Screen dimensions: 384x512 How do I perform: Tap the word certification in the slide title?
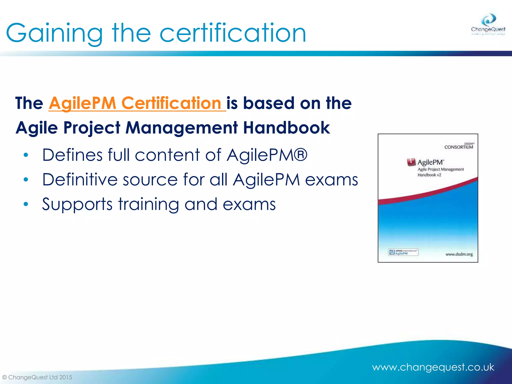coord(232,33)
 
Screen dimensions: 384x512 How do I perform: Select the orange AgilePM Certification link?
coord(137,103)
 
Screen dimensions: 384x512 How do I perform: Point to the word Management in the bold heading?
coord(181,128)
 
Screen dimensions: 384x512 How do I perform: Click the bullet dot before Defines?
coord(26,155)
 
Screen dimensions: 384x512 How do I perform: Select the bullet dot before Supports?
coord(26,204)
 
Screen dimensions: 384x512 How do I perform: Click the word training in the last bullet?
coord(148,204)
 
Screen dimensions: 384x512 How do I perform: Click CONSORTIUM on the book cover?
coord(458,147)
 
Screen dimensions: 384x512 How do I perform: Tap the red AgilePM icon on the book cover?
coord(411,162)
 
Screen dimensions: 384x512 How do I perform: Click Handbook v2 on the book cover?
coord(429,175)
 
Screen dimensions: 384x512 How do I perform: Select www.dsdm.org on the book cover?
coord(459,254)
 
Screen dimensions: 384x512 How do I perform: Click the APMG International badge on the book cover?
coord(403,252)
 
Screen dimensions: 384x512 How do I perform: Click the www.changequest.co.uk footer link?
coord(433,367)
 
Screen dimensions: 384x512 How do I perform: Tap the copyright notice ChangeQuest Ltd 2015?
coord(37,377)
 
